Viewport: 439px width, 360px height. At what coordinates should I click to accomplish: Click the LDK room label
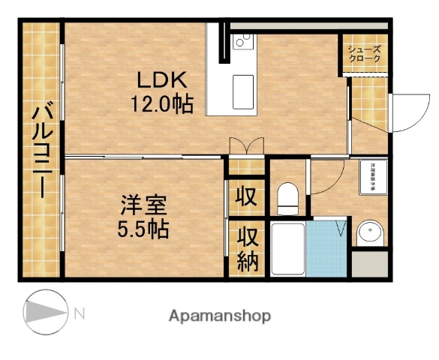click(159, 79)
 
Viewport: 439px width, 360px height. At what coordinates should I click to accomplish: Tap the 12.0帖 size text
click(158, 103)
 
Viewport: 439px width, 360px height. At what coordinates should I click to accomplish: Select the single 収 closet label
click(245, 197)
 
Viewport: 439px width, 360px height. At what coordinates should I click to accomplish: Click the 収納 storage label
click(248, 249)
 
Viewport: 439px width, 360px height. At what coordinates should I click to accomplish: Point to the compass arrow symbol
click(41, 310)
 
